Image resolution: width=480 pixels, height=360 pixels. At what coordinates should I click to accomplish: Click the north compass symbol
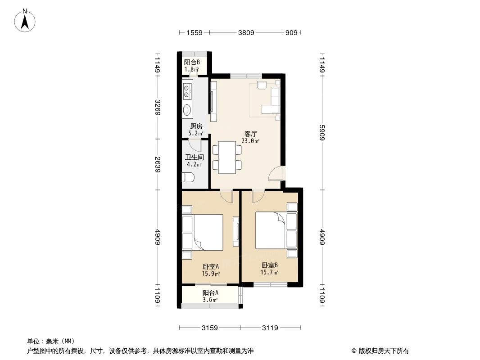click(x=26, y=20)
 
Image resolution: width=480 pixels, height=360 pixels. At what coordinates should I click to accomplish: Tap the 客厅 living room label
click(x=250, y=134)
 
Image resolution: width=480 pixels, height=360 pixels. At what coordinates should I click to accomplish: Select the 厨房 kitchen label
click(x=196, y=126)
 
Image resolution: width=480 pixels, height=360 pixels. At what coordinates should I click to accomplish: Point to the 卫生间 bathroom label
click(x=195, y=157)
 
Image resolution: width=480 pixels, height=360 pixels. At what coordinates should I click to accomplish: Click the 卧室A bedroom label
click(x=210, y=266)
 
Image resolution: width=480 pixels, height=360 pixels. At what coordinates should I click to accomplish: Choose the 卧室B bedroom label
click(x=270, y=265)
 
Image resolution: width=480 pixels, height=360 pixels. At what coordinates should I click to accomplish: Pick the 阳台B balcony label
click(x=192, y=63)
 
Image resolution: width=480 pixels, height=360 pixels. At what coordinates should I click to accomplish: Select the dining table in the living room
click(x=226, y=157)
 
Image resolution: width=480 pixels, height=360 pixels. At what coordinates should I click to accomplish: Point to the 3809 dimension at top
click(x=246, y=32)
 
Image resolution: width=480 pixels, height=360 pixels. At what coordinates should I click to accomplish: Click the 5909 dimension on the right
click(x=322, y=133)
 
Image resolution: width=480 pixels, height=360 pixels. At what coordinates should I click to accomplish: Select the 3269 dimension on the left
click(x=157, y=107)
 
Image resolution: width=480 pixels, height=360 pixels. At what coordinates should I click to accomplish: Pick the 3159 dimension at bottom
click(x=209, y=328)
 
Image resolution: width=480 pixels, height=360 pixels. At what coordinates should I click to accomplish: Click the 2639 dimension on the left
click(x=157, y=165)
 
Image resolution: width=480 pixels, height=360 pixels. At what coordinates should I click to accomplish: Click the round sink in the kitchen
click(x=187, y=110)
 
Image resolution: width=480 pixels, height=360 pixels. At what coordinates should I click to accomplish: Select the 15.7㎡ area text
click(x=270, y=272)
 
